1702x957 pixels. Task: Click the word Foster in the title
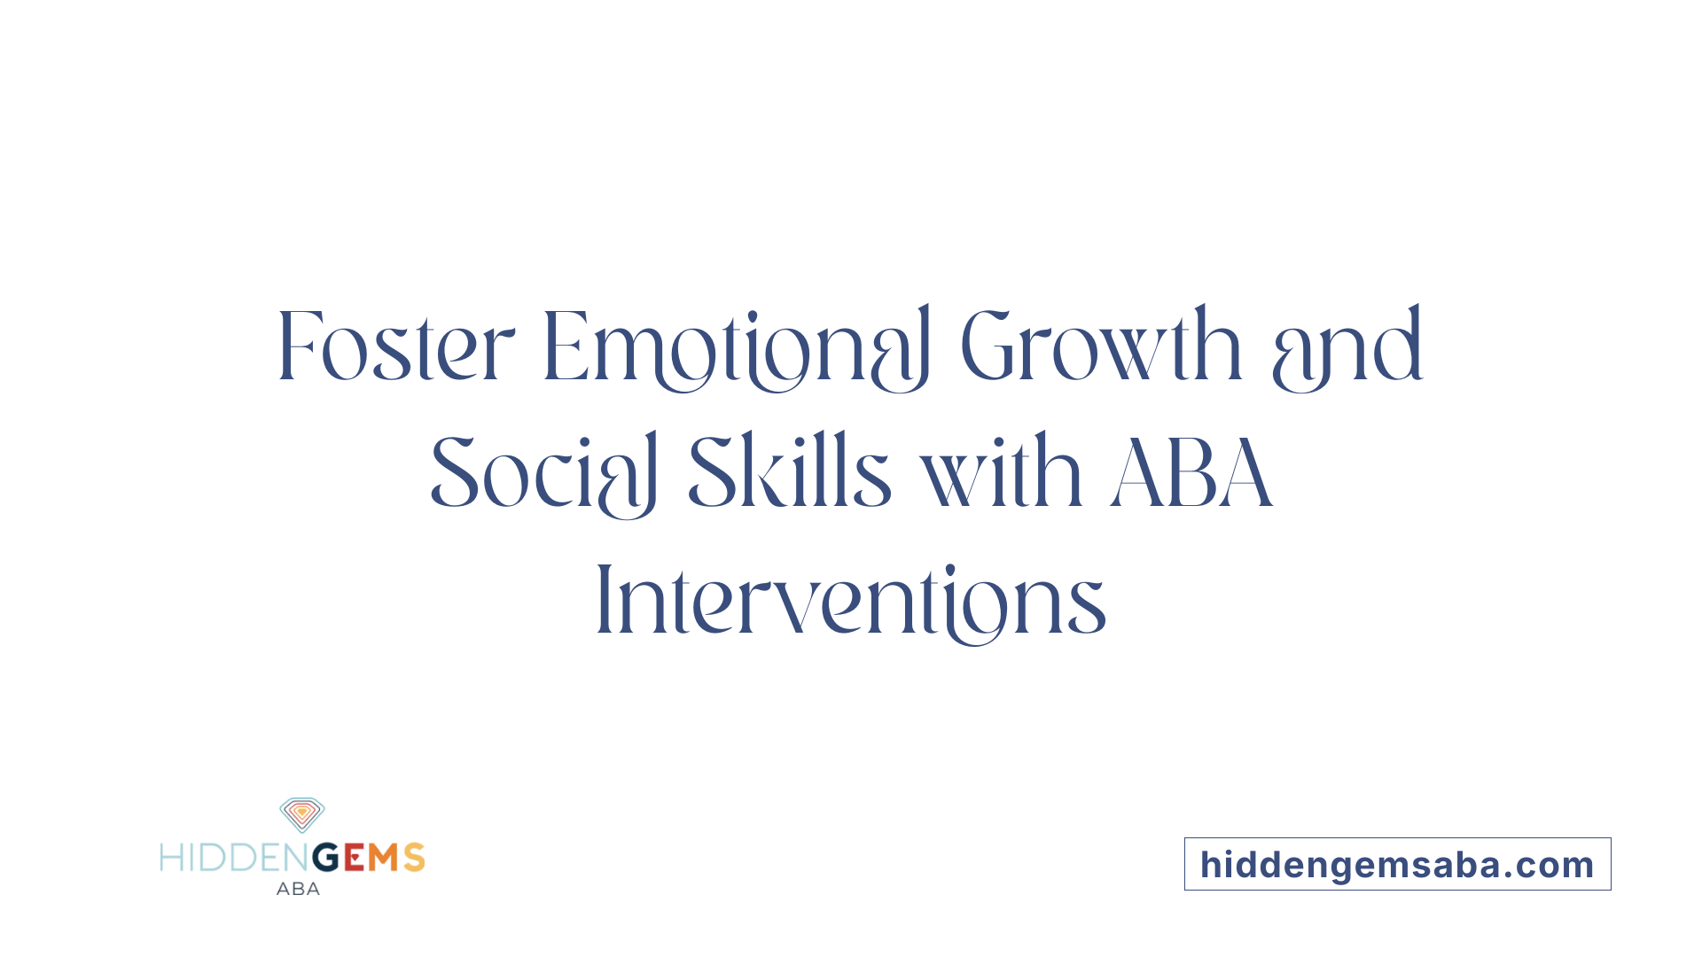point(395,347)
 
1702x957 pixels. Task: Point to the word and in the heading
point(1347,347)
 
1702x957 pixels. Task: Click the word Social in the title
point(543,474)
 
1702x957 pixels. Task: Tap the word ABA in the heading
point(1191,474)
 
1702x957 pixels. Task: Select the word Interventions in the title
point(851,601)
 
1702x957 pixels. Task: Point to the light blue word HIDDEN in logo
point(235,858)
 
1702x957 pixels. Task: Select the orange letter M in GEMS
point(384,858)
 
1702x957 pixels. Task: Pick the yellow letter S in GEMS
point(414,858)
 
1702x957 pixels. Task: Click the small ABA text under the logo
point(298,889)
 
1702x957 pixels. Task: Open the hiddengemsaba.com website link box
point(1397,864)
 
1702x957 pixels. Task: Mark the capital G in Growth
point(987,347)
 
